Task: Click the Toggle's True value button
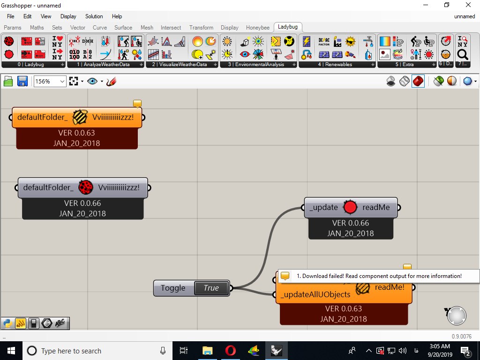(x=211, y=288)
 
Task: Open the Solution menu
(x=94, y=16)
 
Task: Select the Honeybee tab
(x=258, y=28)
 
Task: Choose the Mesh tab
(x=147, y=28)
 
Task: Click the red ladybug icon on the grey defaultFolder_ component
(x=86, y=187)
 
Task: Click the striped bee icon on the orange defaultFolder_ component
(x=80, y=117)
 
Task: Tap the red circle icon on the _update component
(x=350, y=207)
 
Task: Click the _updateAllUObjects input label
(x=315, y=294)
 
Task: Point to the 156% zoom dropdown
(x=50, y=82)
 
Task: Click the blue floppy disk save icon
(x=22, y=82)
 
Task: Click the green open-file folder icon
(x=8, y=82)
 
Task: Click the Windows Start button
(x=11, y=351)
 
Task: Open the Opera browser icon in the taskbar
(x=231, y=351)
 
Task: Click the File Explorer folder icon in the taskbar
(x=207, y=351)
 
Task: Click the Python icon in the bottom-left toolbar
(x=7, y=323)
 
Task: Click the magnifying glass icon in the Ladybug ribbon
(x=462, y=55)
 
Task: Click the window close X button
(x=468, y=5)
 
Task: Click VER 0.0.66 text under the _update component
(x=351, y=223)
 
